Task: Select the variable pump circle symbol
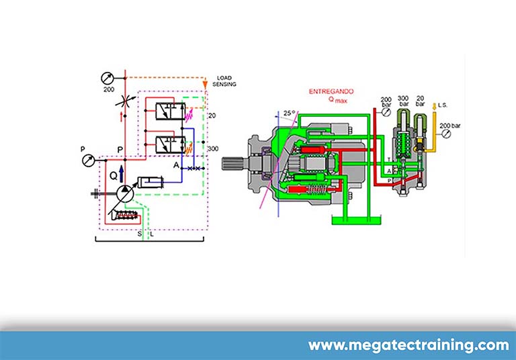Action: (123, 192)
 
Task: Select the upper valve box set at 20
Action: (168, 113)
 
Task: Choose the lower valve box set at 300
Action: (168, 144)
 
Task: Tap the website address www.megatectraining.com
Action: (408, 346)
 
